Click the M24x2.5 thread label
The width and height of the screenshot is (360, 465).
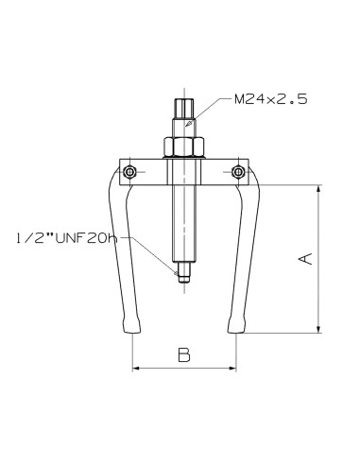(x=270, y=99)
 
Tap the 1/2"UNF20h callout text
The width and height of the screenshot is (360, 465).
(x=66, y=238)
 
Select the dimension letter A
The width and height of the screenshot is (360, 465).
(x=305, y=259)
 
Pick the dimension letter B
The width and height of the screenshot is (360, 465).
(x=184, y=354)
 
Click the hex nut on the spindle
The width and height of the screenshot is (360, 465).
(x=184, y=146)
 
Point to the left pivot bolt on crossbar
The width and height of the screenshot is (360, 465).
(x=129, y=172)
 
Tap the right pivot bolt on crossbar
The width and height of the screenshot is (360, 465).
(x=238, y=172)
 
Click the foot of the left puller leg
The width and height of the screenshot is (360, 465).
(x=131, y=325)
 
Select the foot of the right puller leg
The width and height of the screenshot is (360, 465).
(x=236, y=325)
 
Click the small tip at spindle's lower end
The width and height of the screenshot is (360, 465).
(x=184, y=272)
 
